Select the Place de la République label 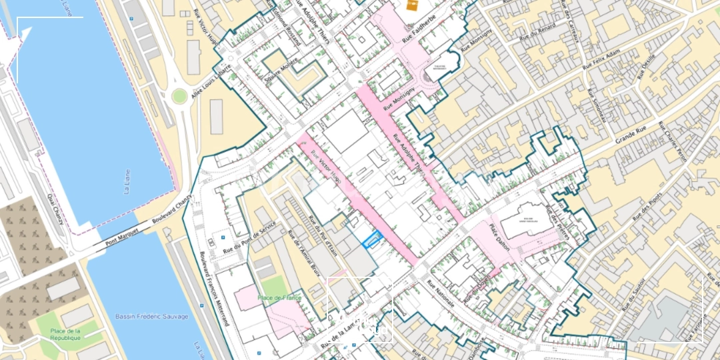coord(65,335)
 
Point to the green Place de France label coord(279,298)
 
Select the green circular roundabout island coord(179,97)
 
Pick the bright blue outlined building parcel coord(372,239)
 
